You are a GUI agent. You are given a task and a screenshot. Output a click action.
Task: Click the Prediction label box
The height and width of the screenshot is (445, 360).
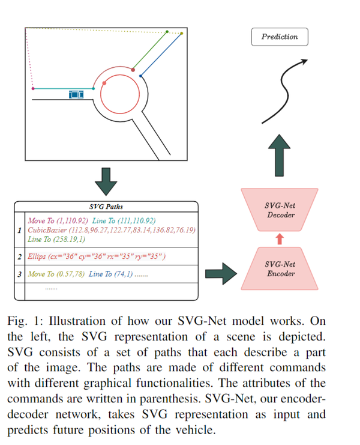(279, 37)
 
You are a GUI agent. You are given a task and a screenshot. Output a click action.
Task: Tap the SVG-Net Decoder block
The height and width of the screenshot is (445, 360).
(279, 210)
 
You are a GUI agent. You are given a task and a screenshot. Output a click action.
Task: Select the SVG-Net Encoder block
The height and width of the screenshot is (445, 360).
(279, 268)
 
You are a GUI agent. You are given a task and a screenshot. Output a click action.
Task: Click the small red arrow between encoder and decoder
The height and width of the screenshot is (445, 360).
(279, 239)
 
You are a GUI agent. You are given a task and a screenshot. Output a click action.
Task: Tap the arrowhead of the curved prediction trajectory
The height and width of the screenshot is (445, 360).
(304, 61)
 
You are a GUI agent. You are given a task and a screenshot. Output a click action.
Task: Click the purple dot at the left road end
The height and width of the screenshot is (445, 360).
(33, 89)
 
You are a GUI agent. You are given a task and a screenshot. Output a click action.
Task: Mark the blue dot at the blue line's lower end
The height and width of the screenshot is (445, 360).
(141, 76)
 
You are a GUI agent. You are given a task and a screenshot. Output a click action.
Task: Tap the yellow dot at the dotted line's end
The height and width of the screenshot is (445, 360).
(181, 34)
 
